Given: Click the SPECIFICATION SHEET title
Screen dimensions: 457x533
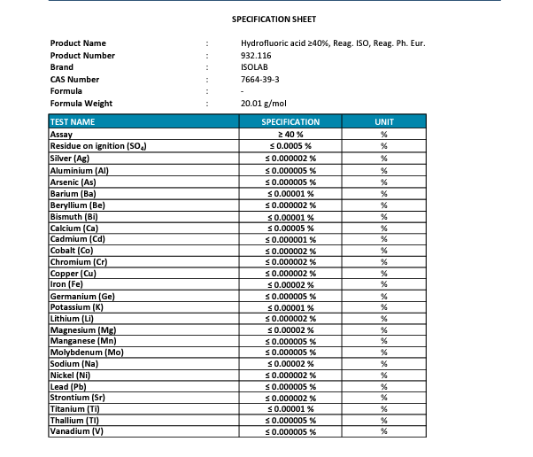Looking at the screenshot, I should (274, 19).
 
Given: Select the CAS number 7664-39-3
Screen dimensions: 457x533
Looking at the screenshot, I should (260, 80).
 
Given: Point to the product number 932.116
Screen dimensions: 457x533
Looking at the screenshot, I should (256, 56).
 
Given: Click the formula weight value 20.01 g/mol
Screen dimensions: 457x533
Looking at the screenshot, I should (263, 104).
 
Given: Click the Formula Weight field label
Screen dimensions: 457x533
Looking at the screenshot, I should (81, 104).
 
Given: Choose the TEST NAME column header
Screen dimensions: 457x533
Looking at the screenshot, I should (73, 121).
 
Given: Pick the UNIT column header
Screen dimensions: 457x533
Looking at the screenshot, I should (383, 121).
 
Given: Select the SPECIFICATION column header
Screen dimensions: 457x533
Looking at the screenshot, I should (290, 121).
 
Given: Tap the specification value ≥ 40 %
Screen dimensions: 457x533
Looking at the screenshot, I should (290, 133).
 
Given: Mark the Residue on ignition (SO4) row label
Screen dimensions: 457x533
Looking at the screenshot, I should (97, 144).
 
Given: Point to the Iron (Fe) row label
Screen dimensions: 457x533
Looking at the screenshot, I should (68, 283).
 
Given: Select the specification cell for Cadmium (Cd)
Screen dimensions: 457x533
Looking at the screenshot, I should (290, 237).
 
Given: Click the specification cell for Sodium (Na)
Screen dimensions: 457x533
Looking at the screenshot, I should (290, 363).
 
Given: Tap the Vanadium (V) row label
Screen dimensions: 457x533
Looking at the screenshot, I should (77, 431).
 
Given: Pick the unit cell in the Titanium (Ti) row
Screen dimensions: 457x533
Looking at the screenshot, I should (383, 408).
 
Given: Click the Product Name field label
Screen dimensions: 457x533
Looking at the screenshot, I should (78, 43).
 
